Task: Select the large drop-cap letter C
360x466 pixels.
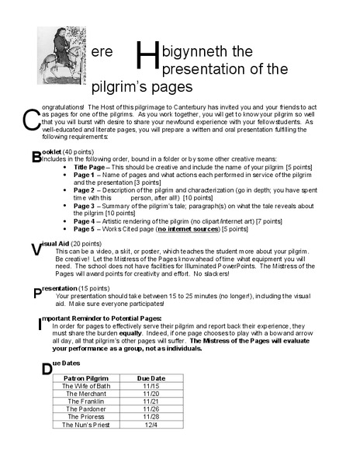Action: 31,120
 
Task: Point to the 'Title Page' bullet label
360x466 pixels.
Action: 91,167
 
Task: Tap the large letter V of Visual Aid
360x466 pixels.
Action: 36,249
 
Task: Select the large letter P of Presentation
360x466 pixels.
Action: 37,293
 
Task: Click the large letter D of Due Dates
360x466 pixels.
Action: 47,369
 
